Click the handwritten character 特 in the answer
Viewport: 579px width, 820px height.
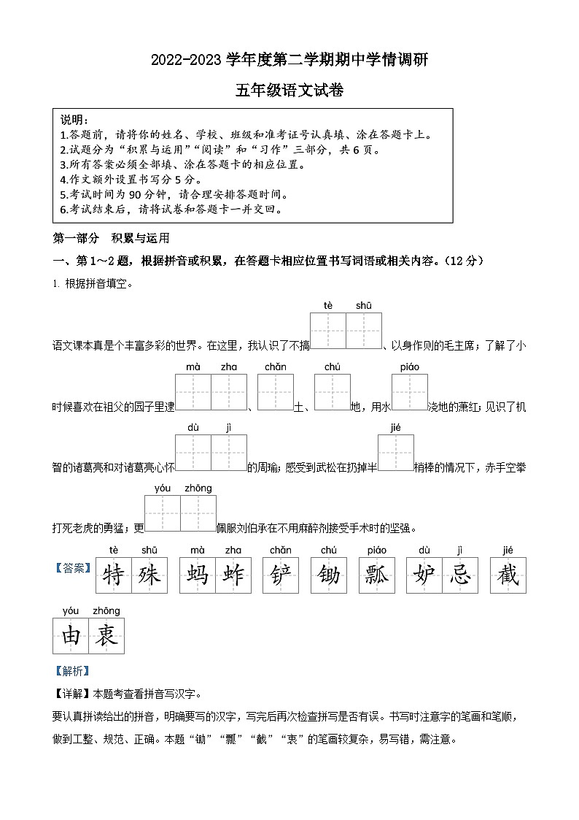click(113, 575)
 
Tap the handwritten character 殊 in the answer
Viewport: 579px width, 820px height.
click(149, 575)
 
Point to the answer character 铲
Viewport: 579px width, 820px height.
click(280, 575)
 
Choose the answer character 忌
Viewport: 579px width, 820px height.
click(459, 575)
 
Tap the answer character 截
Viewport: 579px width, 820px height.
click(508, 575)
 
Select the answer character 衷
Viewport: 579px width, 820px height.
click(106, 635)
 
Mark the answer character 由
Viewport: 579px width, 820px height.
click(71, 635)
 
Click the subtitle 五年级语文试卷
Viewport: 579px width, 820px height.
click(289, 91)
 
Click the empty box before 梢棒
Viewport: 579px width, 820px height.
click(395, 453)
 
